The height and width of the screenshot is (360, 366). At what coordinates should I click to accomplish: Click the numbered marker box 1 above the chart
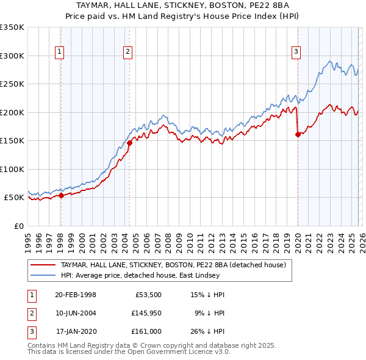60,52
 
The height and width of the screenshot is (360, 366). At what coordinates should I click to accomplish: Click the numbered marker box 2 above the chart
128,52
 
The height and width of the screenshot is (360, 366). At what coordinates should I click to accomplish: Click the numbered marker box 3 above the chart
296,52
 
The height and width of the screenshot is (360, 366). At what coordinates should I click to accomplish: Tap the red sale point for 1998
61,196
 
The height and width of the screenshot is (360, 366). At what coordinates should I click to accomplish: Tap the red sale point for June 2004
129,143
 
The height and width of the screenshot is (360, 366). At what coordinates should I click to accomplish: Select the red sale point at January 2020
298,135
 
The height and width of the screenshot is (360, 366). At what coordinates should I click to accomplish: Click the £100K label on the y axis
12,169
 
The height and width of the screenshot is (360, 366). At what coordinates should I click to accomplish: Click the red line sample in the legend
43,265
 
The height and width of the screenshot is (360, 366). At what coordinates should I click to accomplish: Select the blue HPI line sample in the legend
43,275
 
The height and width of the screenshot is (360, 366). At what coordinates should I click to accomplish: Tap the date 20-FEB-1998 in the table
75,294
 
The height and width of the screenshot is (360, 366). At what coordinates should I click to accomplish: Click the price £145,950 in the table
146,313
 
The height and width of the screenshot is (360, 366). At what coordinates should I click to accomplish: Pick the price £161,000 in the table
146,331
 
